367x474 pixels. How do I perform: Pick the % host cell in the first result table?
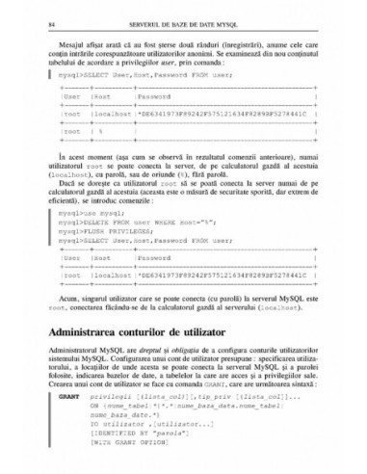point(101,132)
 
